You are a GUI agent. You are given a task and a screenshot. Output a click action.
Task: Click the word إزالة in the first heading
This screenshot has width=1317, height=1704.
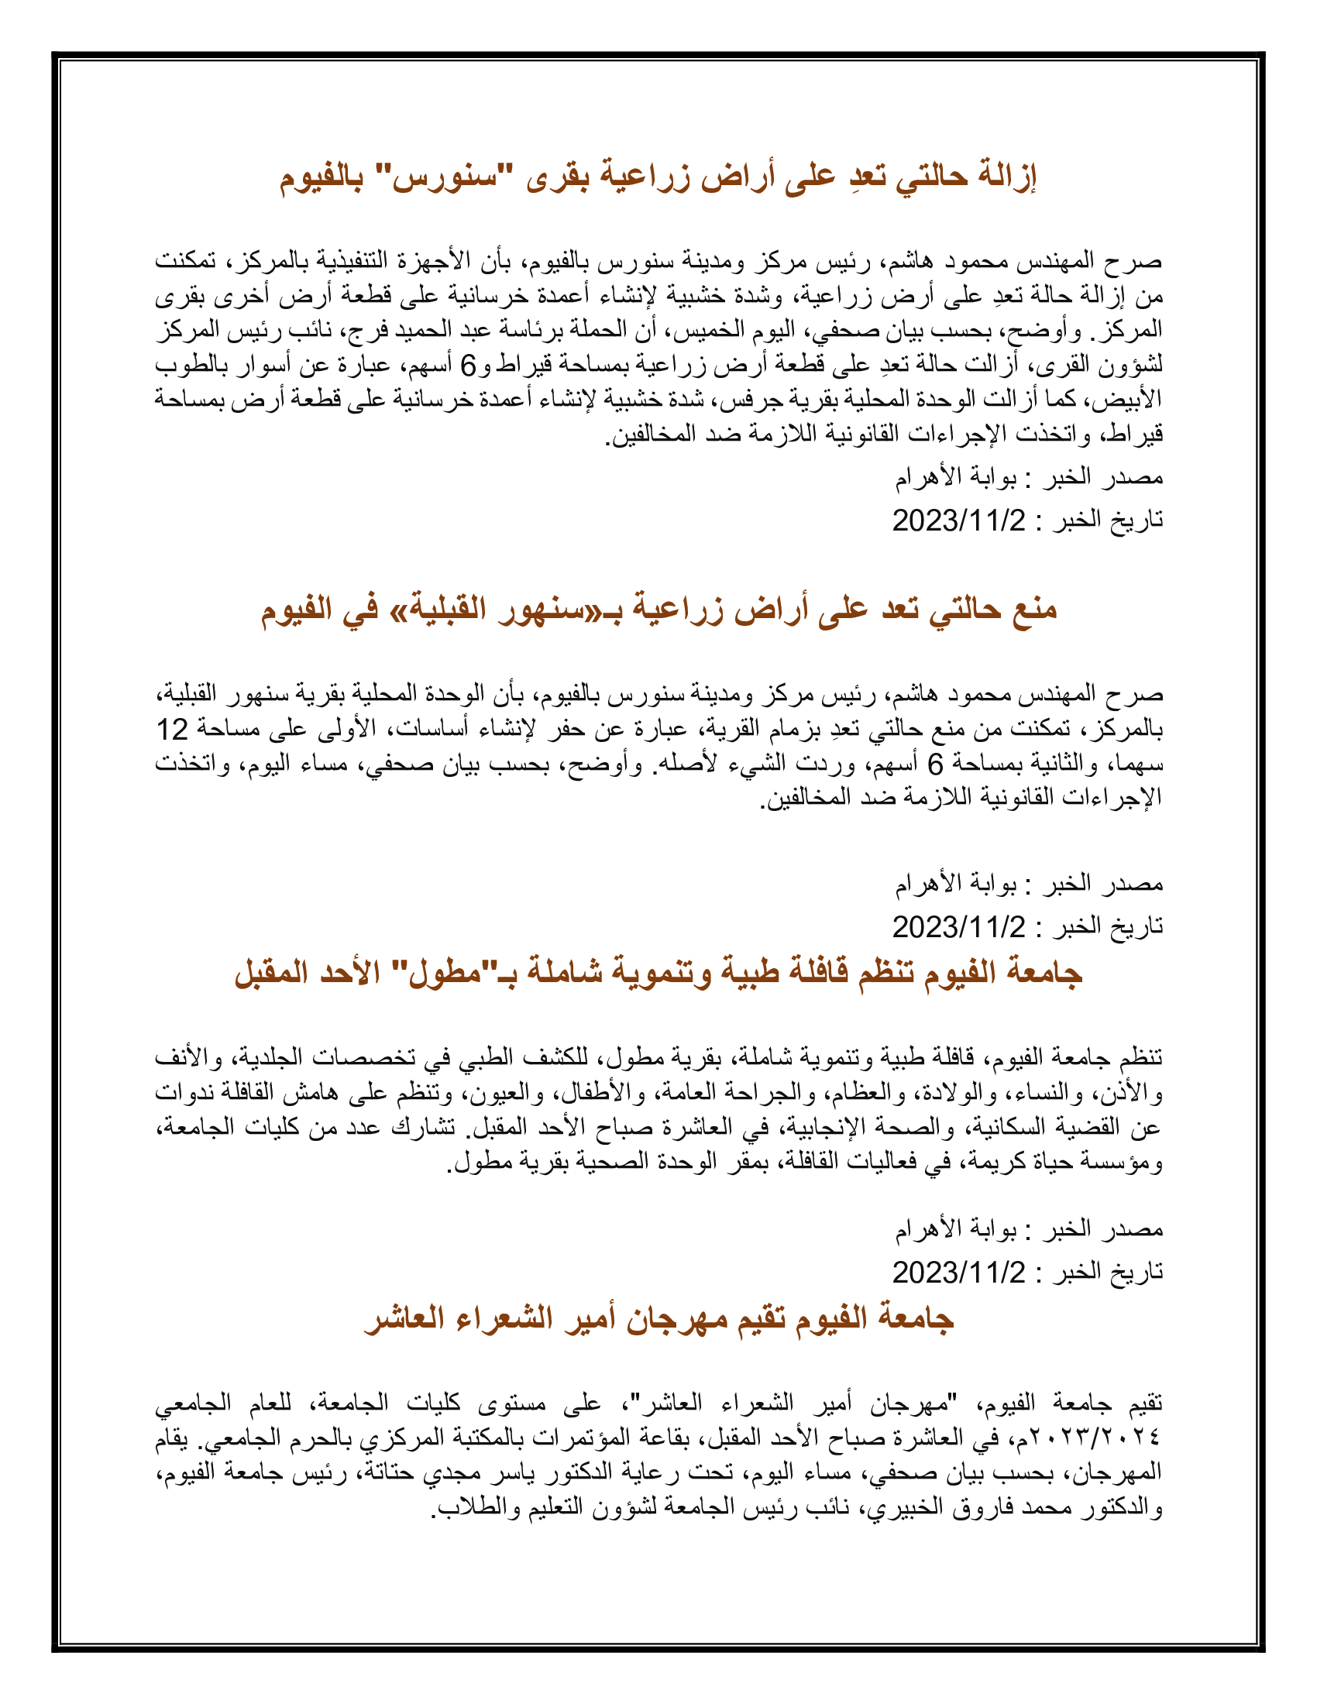click(x=1002, y=177)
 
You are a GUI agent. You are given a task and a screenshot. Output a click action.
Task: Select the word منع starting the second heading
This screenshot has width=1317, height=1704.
click(x=1031, y=608)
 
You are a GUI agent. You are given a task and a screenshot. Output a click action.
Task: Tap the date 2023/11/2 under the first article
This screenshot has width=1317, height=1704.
click(x=959, y=520)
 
